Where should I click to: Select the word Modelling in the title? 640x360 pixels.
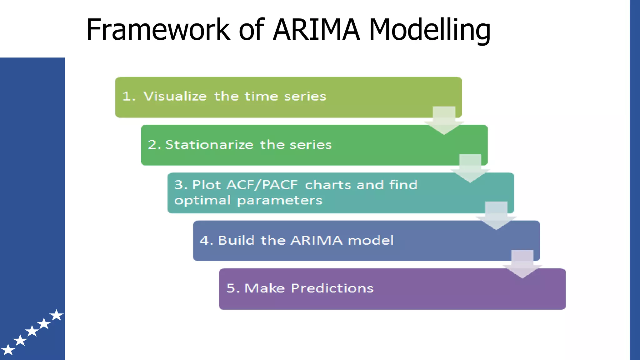(x=430, y=30)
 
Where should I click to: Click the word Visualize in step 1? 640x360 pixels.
(x=175, y=96)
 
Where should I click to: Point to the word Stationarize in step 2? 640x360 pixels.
(x=209, y=145)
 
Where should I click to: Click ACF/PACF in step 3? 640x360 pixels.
(x=262, y=185)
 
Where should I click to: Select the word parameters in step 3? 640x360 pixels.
(x=280, y=200)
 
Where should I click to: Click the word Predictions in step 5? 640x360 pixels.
(x=332, y=288)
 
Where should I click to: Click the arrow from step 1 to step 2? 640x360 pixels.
(x=444, y=121)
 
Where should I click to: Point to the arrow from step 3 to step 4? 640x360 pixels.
(x=496, y=216)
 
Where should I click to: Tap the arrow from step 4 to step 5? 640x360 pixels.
(x=522, y=264)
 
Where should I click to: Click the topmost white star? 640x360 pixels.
(x=57, y=315)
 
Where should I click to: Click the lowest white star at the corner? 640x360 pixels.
(x=8, y=350)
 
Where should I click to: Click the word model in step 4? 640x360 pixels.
(x=371, y=240)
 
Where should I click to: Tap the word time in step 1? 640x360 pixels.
(x=261, y=96)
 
